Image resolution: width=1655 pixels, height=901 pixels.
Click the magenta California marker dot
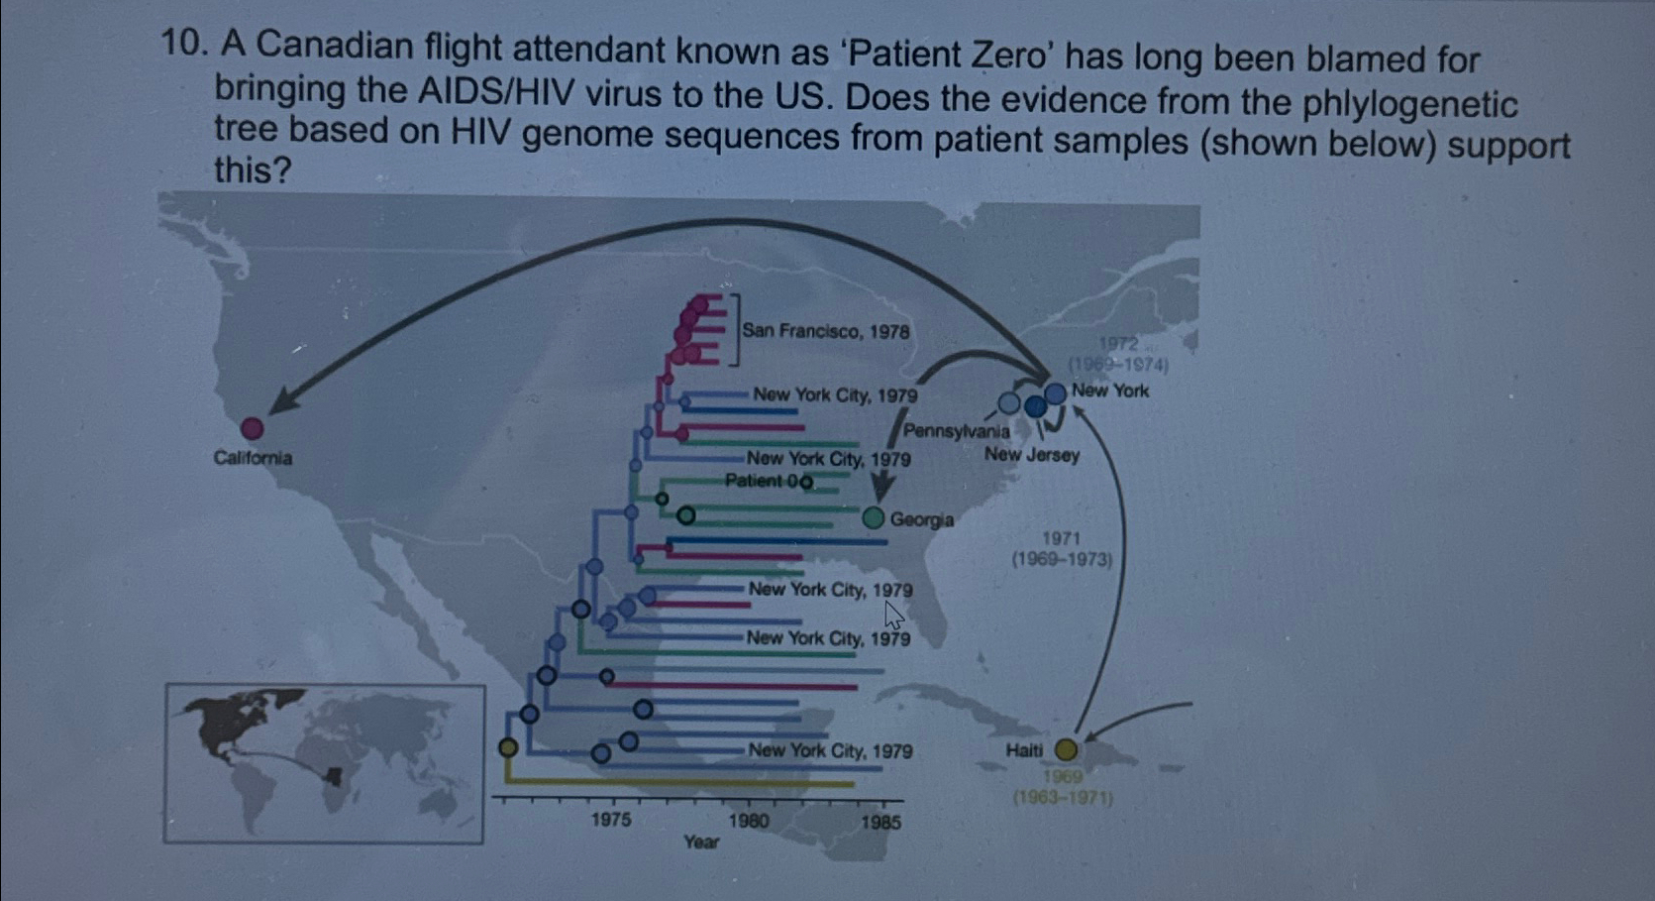pos(253,428)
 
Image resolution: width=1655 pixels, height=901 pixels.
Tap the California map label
pos(253,458)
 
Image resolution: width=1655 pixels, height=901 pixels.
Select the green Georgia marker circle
pos(873,517)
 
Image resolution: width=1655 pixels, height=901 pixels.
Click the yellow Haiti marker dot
pos(1066,749)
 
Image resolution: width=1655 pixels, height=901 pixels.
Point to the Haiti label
pos(1024,750)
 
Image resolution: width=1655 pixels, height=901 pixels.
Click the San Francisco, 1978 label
pos(825,331)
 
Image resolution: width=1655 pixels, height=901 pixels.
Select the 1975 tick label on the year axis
pos(611,820)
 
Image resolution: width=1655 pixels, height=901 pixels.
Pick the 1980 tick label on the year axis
pos(748,821)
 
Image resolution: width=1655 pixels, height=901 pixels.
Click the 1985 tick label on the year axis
pos(880,822)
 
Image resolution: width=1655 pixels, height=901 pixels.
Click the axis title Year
pos(701,842)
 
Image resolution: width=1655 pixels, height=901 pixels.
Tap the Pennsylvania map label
pos(956,431)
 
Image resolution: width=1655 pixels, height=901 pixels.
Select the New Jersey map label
pos(1031,455)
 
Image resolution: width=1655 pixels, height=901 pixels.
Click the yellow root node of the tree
pos(508,747)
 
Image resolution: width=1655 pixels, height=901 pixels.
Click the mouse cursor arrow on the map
pos(892,615)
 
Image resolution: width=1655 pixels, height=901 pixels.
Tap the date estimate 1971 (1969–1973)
pos(1061,548)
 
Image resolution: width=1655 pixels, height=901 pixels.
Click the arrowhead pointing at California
pos(282,401)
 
